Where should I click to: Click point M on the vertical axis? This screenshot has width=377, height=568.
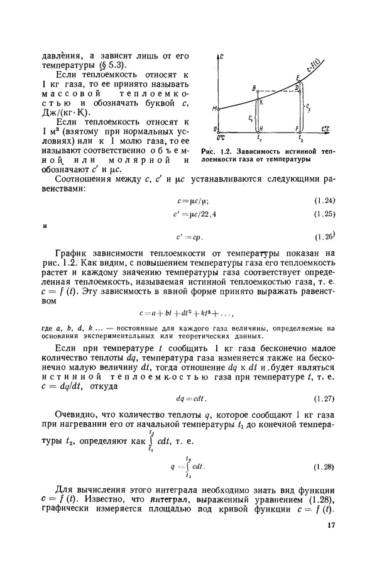pyautogui.click(x=215, y=109)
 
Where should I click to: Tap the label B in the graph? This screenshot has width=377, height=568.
pyautogui.click(x=253, y=89)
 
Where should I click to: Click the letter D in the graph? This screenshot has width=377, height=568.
pyautogui.click(x=296, y=88)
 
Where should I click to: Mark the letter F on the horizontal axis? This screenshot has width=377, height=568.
pyautogui.click(x=297, y=128)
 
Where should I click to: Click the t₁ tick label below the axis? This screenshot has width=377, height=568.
pyautogui.click(x=260, y=137)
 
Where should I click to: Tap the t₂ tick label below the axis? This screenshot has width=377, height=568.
pyautogui.click(x=302, y=137)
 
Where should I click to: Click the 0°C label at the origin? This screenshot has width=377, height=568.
pyautogui.click(x=219, y=136)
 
